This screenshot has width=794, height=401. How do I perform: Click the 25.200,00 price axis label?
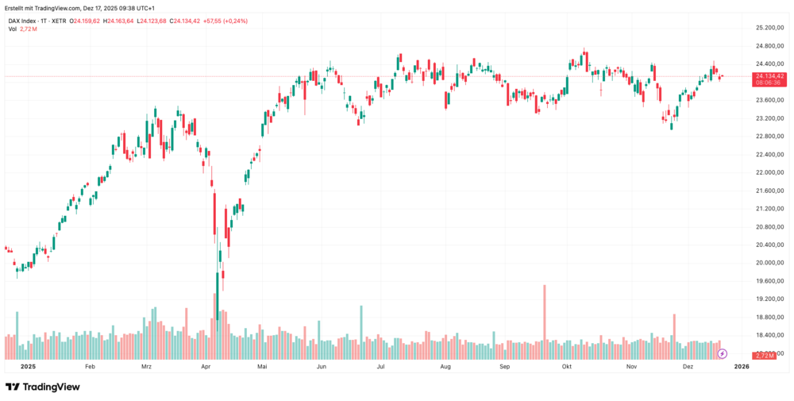pyautogui.click(x=769, y=28)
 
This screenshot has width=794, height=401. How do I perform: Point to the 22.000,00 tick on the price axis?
pyautogui.click(x=769, y=172)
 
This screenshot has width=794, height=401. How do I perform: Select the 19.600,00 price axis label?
pyautogui.click(x=769, y=281)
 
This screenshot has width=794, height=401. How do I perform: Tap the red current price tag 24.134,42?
pyautogui.click(x=769, y=77)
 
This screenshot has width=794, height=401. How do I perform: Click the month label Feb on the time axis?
pyautogui.click(x=89, y=367)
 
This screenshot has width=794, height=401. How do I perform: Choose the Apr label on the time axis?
pyautogui.click(x=206, y=367)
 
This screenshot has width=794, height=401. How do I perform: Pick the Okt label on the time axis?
pyautogui.click(x=567, y=367)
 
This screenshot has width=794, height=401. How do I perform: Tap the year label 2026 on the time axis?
pyautogui.click(x=742, y=367)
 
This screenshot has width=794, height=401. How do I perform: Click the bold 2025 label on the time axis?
pyautogui.click(x=29, y=367)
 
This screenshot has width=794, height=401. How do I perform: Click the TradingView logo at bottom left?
pyautogui.click(x=43, y=387)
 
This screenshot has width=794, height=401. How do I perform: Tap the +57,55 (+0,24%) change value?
pyautogui.click(x=225, y=21)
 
